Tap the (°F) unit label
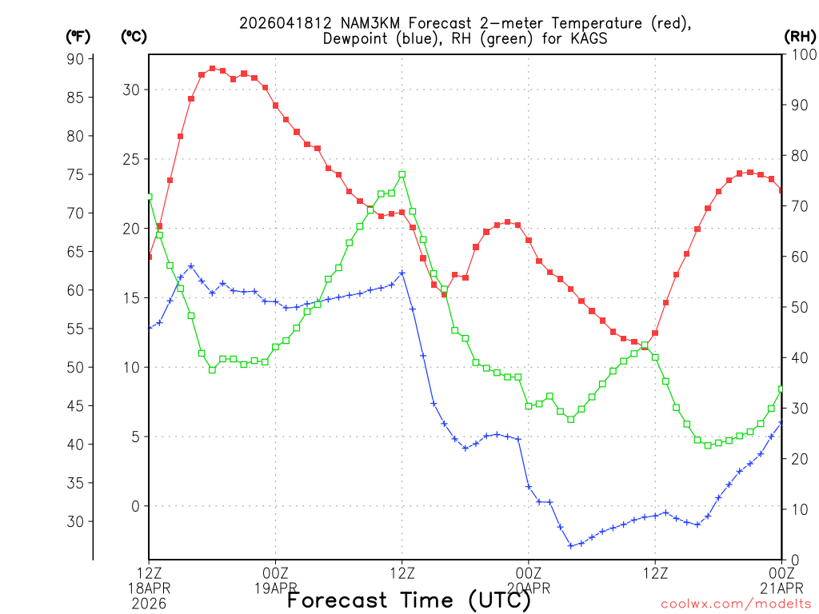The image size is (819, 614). click(x=78, y=36)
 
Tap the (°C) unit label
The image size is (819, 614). click(x=134, y=36)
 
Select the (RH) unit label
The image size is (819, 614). click(x=800, y=36)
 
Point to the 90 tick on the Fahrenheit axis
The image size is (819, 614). click(x=75, y=58)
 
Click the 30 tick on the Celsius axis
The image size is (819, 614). click(x=130, y=90)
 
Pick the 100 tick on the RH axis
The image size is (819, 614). click(x=801, y=54)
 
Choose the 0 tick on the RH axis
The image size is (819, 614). click(x=793, y=559)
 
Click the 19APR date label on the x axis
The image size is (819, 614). click(x=275, y=588)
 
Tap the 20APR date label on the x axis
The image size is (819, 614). click(x=529, y=588)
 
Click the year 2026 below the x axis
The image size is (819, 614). click(x=149, y=604)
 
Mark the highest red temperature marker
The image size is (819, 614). click(x=212, y=69)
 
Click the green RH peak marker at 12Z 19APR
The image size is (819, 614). click(x=402, y=174)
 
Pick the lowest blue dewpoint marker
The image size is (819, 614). click(x=571, y=545)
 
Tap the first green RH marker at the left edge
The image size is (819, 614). click(x=149, y=197)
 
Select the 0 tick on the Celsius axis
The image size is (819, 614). click(x=135, y=506)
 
